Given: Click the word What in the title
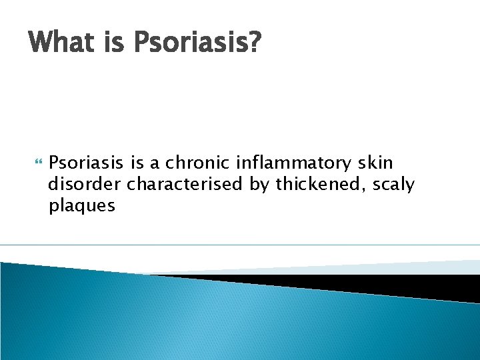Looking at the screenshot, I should [61, 43].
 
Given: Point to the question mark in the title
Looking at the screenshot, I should [255, 43].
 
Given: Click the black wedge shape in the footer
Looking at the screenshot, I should [373, 284].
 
